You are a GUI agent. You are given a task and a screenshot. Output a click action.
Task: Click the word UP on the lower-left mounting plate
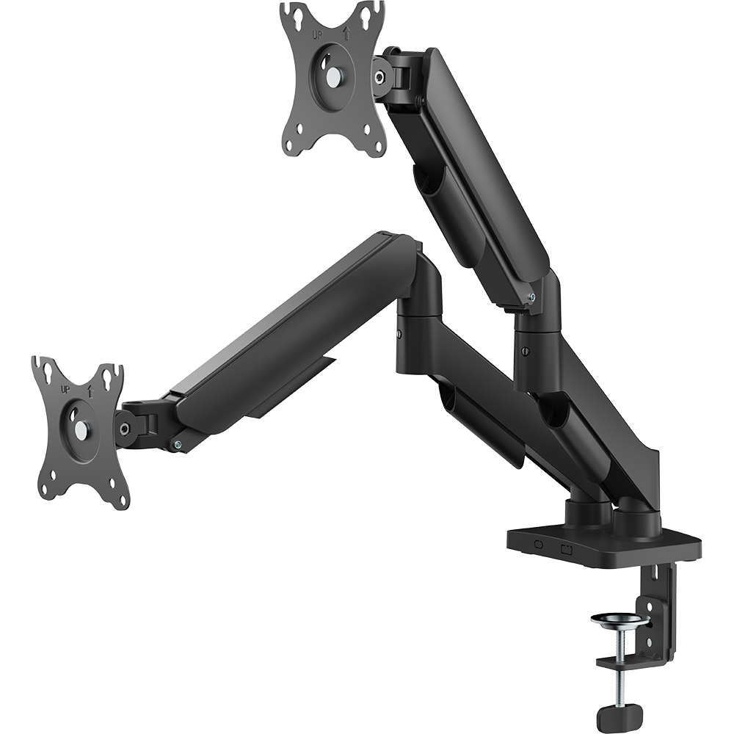(65, 389)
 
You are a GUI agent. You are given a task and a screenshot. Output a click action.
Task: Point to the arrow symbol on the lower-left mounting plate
(89, 391)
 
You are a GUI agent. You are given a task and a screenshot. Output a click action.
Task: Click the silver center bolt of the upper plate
(335, 76)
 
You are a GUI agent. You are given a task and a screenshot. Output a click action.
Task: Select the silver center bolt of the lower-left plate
(80, 431)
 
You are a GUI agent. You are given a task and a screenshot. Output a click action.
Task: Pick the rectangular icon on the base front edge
(566, 547)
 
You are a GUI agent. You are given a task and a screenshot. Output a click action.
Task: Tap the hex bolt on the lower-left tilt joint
(125, 429)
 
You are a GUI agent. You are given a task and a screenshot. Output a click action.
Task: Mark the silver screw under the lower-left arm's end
(177, 444)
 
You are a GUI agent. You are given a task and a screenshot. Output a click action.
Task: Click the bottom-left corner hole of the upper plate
(297, 145)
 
